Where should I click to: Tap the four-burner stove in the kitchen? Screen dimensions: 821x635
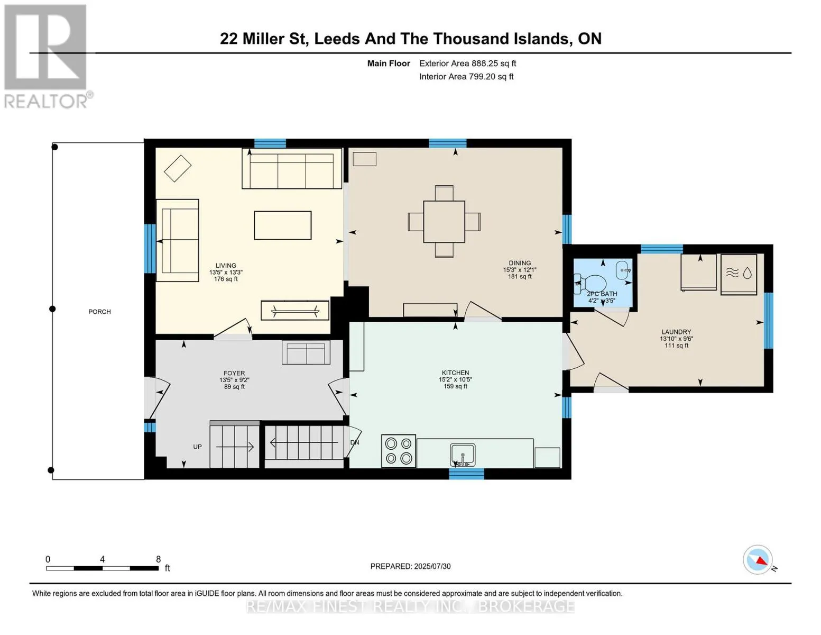coord(399,451)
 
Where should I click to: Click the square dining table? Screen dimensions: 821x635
coord(444,222)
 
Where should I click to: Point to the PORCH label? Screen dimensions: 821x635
coord(99,312)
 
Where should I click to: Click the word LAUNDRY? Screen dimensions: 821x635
coord(676,332)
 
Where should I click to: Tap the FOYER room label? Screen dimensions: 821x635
coord(234,373)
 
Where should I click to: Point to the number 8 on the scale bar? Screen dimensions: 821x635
coord(158,559)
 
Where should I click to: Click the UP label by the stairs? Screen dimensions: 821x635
coord(197,447)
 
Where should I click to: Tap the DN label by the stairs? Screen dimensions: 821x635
coord(354,442)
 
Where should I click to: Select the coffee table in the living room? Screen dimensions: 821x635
coord(283,225)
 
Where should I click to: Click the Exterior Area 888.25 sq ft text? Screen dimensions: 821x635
coord(468,63)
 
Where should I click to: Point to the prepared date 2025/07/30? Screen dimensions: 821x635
coord(432,566)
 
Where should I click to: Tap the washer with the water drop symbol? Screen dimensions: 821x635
coord(739,274)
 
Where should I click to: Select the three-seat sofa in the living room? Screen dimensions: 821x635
coord(292,168)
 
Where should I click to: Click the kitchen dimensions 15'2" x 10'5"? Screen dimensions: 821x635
coord(455,379)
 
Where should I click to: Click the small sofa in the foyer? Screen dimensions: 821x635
coord(306,352)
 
